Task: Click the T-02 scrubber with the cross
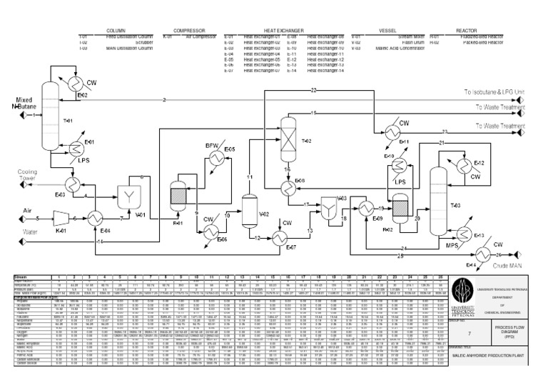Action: coord(288,133)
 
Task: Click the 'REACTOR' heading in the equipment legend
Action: coord(466,31)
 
